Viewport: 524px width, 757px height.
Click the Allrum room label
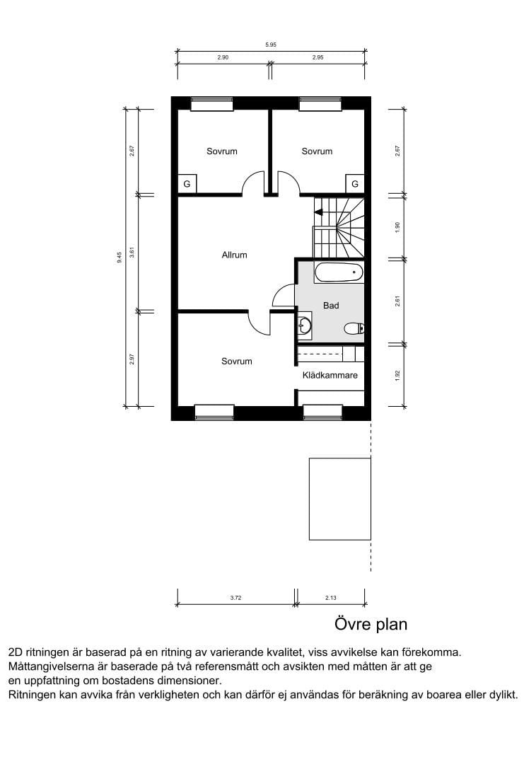coord(234,255)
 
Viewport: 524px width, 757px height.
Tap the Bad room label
coord(331,306)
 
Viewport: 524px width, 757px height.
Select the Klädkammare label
coord(330,375)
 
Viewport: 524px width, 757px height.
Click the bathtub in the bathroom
coord(338,273)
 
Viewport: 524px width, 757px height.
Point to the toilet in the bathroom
coord(354,328)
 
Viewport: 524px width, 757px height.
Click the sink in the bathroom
coord(305,326)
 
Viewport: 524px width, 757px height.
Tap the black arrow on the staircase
coord(319,212)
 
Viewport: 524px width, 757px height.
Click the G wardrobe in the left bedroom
coord(187,183)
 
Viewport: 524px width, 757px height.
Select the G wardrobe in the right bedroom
coord(355,183)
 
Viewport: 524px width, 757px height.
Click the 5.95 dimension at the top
coord(271,45)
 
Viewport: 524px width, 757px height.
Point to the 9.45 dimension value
coord(120,258)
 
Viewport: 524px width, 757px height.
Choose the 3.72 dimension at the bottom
coord(235,598)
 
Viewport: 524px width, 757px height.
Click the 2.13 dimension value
coord(330,598)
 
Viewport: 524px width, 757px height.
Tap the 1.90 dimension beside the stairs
coord(397,227)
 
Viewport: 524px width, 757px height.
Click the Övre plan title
coord(371,624)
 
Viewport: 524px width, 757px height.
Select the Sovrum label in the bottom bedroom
coord(236,361)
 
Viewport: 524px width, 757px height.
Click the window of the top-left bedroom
coord(212,104)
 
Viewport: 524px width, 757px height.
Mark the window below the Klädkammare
coord(322,412)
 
